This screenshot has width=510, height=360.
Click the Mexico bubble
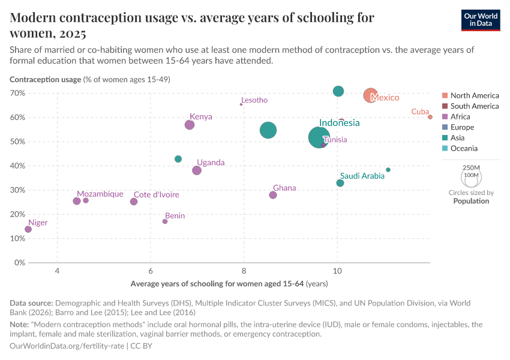pyautogui.click(x=371, y=95)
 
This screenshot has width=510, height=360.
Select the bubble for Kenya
pyautogui.click(x=190, y=125)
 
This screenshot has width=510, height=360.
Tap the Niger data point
pyautogui.click(x=28, y=229)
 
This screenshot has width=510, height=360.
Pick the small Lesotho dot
pyautogui.click(x=241, y=104)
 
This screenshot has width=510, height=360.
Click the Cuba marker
pyautogui.click(x=430, y=117)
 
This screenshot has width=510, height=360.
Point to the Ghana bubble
pyautogui.click(x=273, y=195)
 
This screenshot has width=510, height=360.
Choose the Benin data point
pyautogui.click(x=165, y=221)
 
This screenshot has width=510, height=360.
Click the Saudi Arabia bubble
pyautogui.click(x=340, y=183)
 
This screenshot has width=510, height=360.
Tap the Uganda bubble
pyautogui.click(x=197, y=170)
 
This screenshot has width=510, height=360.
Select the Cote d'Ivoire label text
pyautogui.click(x=156, y=194)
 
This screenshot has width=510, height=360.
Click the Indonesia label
pyautogui.click(x=339, y=123)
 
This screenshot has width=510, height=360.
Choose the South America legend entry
pyautogui.click(x=474, y=106)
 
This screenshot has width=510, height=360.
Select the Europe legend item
pyautogui.click(x=462, y=127)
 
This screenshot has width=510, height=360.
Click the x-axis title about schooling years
pyautogui.click(x=229, y=283)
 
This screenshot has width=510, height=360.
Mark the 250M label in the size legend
pyautogui.click(x=472, y=167)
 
